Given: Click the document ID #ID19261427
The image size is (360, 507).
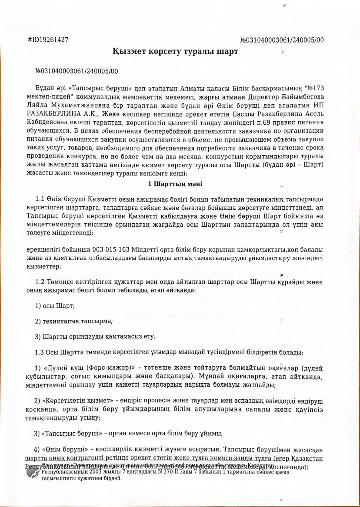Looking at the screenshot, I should pyautogui.click(x=48, y=40).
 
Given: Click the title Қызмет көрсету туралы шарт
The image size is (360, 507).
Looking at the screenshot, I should pyautogui.click(x=175, y=52).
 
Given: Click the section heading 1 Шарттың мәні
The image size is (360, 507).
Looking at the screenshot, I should pyautogui.click(x=175, y=184).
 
